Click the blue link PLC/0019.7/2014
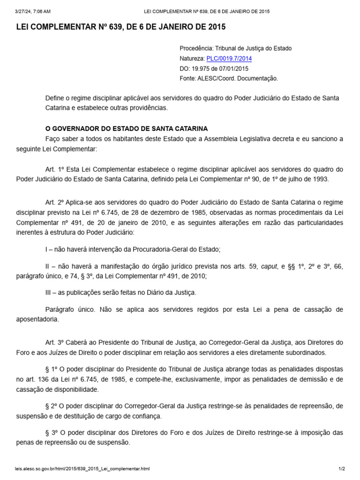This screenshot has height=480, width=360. coord(229,59)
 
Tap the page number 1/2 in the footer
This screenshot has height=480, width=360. coord(342,469)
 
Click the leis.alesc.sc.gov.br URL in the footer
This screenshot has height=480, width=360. coord(83,469)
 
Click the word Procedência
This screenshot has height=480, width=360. coord(195,48)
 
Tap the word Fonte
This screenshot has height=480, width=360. coord(187,78)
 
